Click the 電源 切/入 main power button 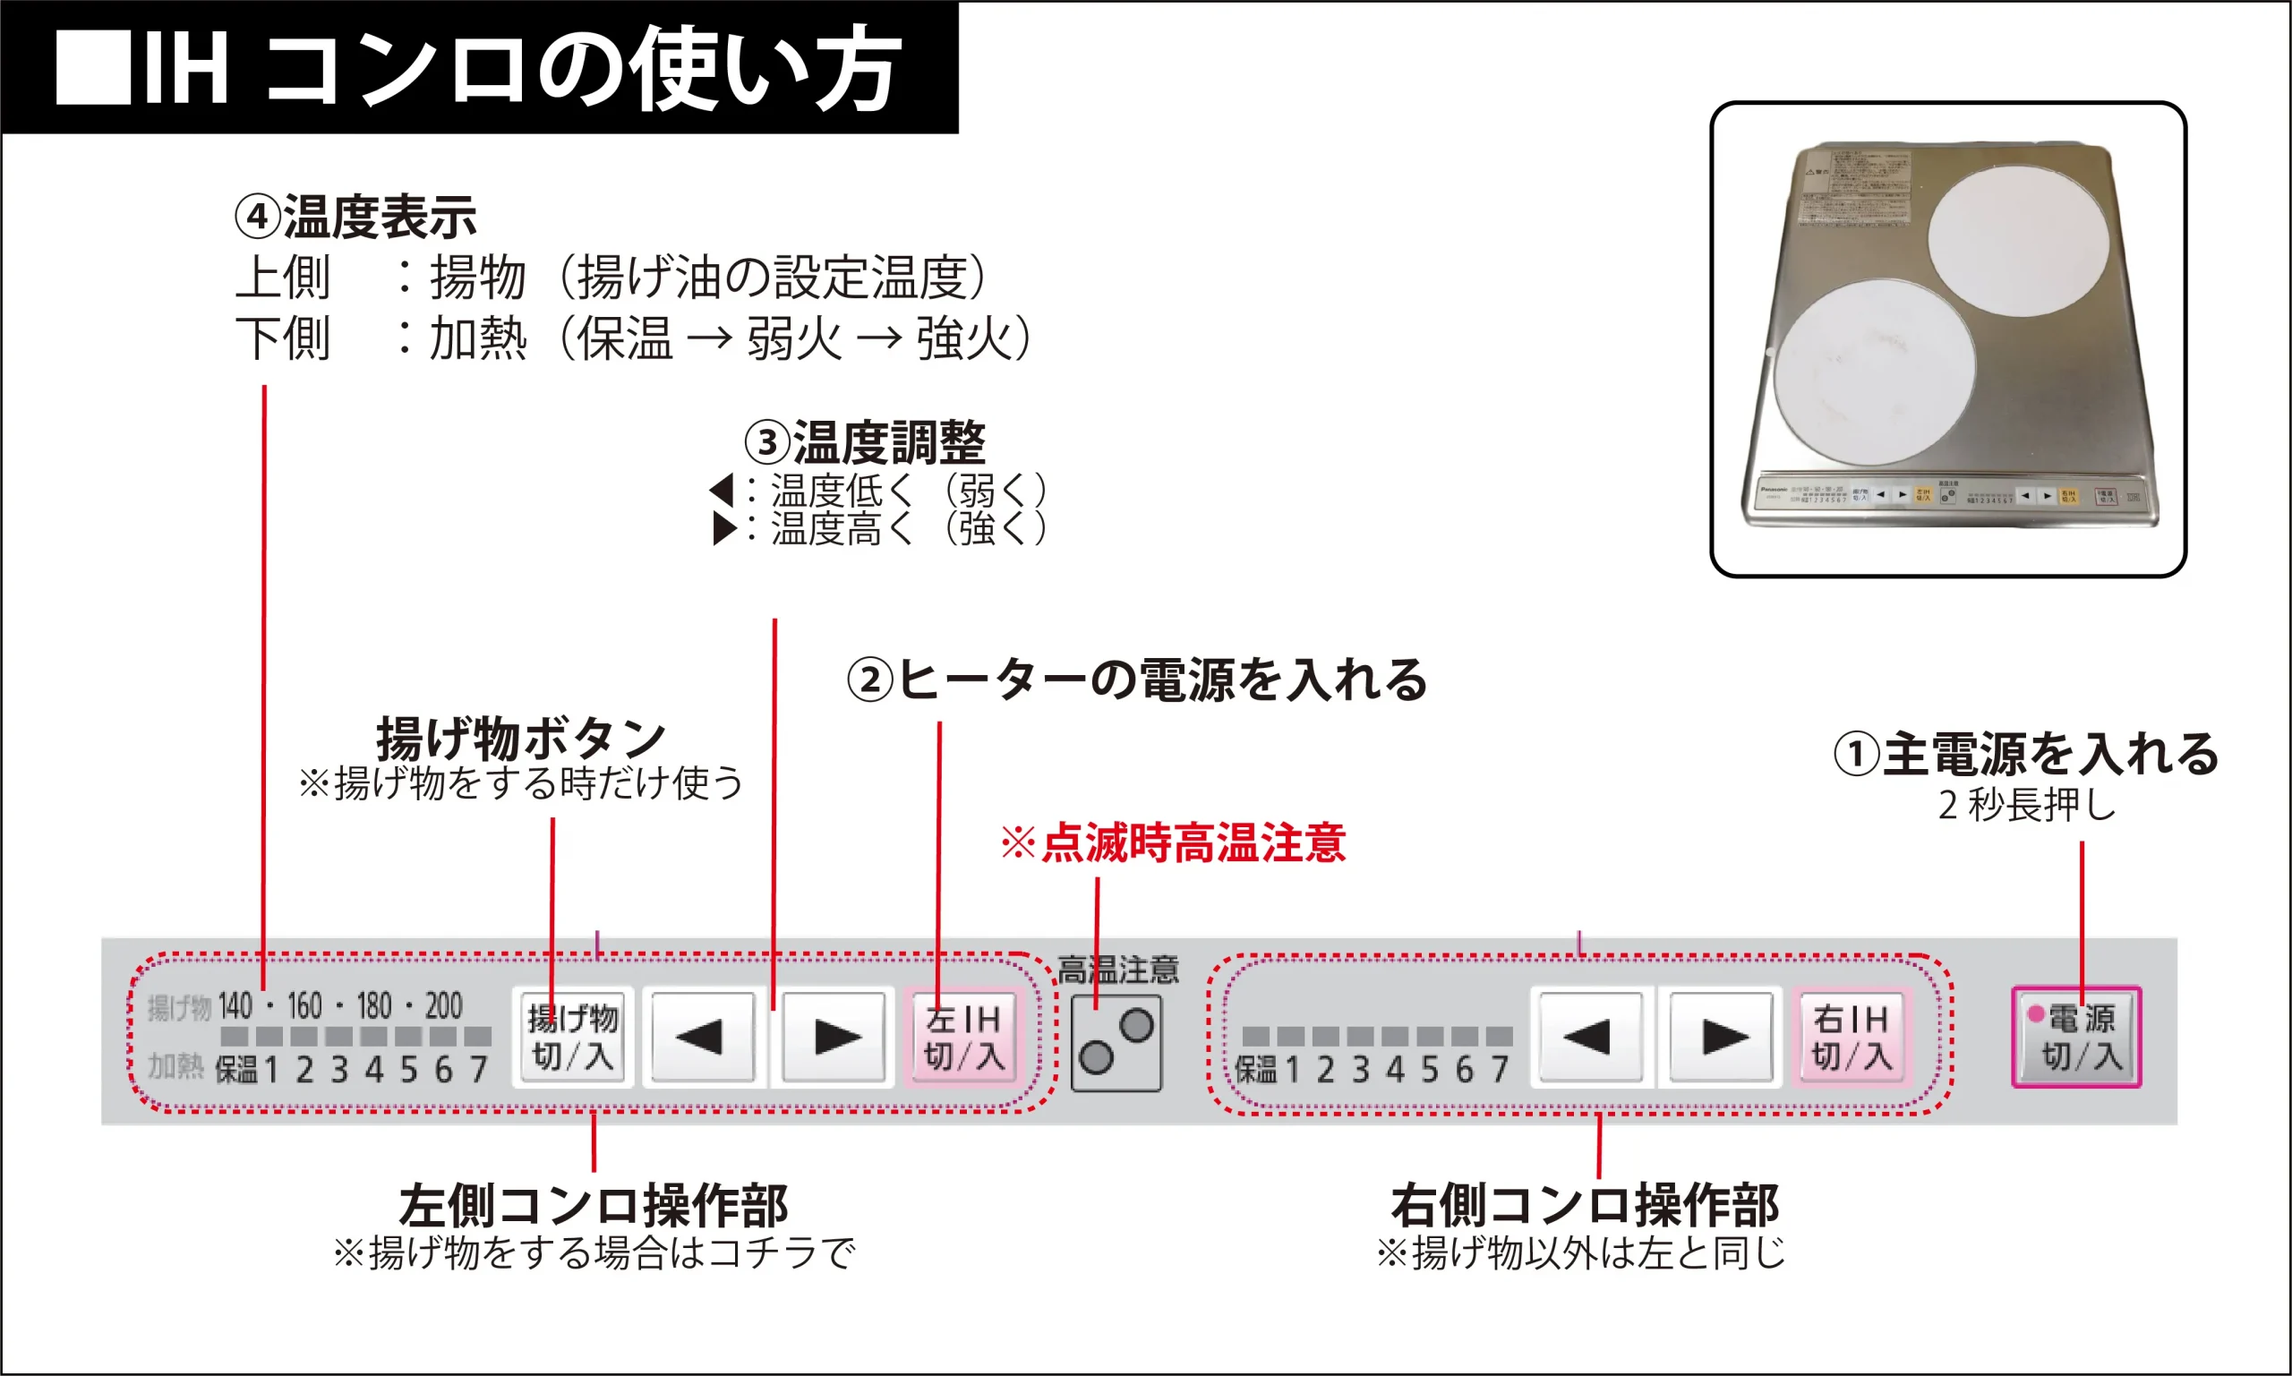coord(2076,1037)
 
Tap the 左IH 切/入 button coord(963,1037)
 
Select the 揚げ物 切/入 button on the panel coord(572,1037)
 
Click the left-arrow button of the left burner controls coord(702,1037)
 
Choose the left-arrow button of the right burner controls coord(1589,1037)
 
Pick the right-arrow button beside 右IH coord(1723,1037)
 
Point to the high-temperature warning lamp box coord(1116,1042)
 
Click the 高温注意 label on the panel coord(1117,970)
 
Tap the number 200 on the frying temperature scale coord(444,1006)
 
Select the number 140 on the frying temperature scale coord(235,1006)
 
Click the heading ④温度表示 coord(355,217)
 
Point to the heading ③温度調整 coord(865,442)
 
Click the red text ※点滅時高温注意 coord(1173,842)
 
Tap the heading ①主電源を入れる coord(2026,753)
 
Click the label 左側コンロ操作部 coord(594,1205)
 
